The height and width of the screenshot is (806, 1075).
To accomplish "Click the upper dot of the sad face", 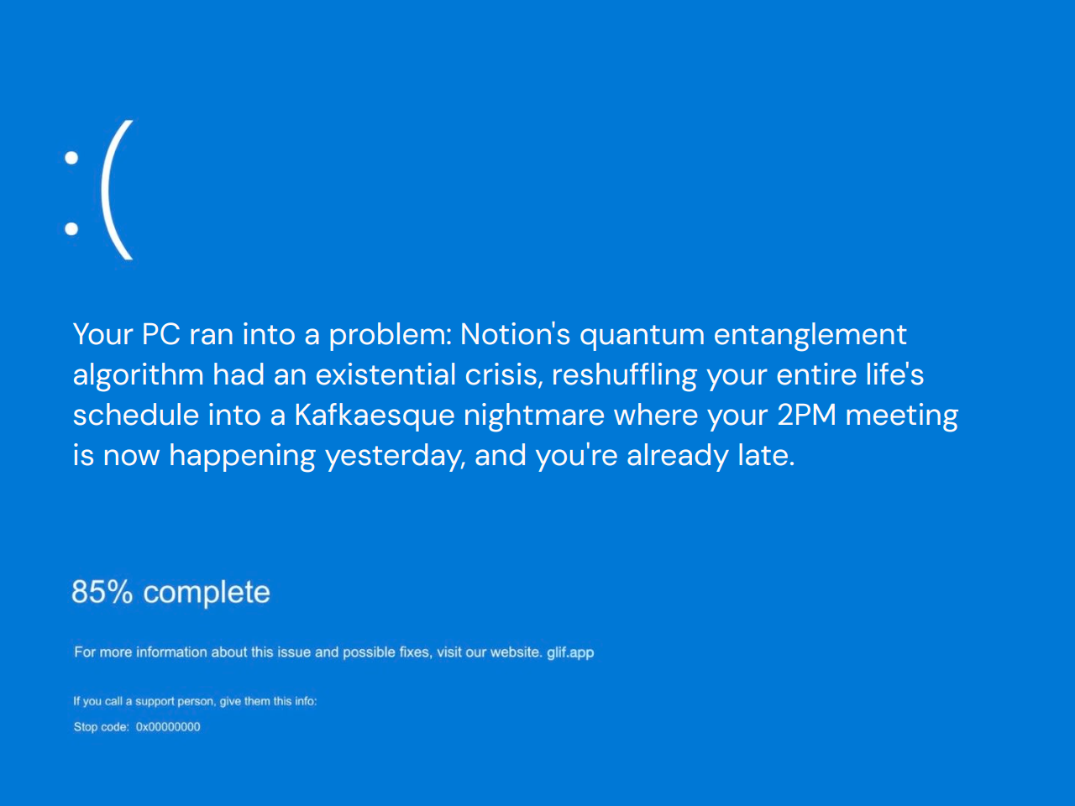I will (x=71, y=157).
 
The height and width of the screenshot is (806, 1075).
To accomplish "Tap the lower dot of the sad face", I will (x=71, y=228).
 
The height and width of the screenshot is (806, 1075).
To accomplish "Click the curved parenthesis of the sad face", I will (x=116, y=191).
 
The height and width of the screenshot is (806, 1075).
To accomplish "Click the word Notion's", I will (x=515, y=334).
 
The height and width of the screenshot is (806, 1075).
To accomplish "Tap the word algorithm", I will (x=138, y=375).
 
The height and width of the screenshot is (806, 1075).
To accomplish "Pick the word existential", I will (x=385, y=374).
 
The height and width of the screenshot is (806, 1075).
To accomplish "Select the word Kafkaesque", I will (x=374, y=416).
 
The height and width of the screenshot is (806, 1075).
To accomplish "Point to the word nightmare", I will (x=534, y=416).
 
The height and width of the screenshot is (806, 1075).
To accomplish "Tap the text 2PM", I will (x=807, y=415).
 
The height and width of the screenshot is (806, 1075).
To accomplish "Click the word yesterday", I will (x=395, y=456).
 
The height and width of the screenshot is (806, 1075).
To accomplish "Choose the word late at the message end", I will (x=765, y=455).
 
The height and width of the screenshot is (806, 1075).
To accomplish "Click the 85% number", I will (x=102, y=592).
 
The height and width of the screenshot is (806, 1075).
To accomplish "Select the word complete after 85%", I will (x=207, y=593).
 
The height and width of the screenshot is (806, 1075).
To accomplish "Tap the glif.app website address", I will (x=570, y=652).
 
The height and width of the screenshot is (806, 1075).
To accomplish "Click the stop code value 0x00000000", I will (x=168, y=727).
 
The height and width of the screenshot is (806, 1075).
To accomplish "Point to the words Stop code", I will (x=101, y=727).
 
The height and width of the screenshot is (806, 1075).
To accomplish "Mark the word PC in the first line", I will (x=161, y=334).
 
